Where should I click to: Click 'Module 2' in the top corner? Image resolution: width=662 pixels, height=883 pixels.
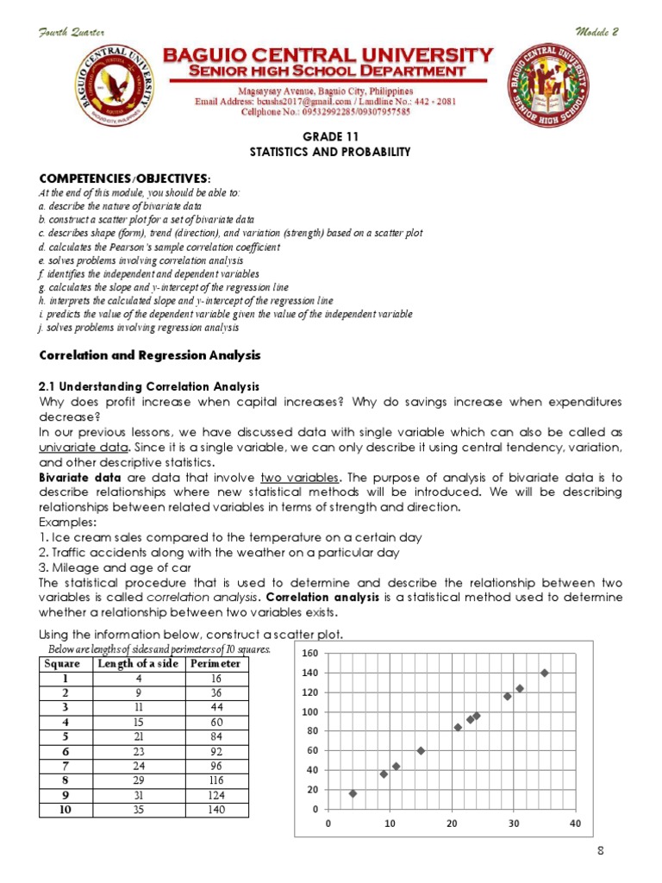click(596, 32)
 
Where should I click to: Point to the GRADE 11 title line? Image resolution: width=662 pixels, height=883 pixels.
click(330, 136)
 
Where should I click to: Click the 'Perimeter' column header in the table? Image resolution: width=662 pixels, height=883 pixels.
click(215, 664)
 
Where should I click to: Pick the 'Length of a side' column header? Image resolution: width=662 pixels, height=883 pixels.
click(138, 664)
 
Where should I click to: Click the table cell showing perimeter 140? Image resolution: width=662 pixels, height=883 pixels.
click(215, 811)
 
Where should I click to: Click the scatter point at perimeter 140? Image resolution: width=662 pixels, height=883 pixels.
click(545, 673)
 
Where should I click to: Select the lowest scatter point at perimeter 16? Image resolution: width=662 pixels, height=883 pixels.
click(353, 793)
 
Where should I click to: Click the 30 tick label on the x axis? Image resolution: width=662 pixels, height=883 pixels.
click(514, 824)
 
